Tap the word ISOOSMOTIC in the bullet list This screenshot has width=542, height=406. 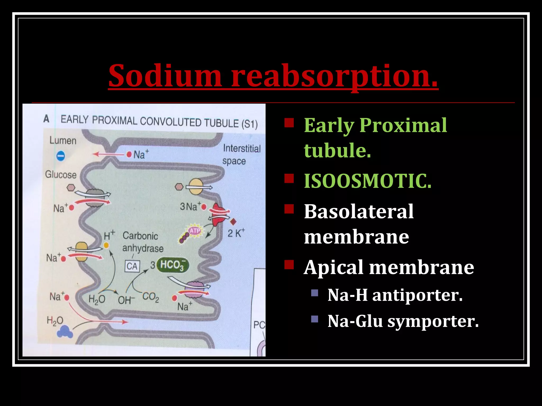(367, 181)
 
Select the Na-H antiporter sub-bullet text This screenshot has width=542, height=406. (395, 295)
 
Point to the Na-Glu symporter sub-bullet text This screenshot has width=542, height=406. (403, 321)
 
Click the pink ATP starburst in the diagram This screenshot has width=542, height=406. (195, 231)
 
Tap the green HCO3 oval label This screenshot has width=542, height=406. (173, 265)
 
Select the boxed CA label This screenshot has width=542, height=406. (132, 266)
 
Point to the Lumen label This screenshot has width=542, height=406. (63, 141)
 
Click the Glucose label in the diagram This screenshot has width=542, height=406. (61, 175)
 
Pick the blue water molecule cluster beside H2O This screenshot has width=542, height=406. (65, 332)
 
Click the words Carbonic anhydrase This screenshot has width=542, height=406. (142, 242)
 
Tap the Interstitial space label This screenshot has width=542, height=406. (241, 155)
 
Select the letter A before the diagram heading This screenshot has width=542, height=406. (47, 119)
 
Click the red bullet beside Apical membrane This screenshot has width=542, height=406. (289, 265)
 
